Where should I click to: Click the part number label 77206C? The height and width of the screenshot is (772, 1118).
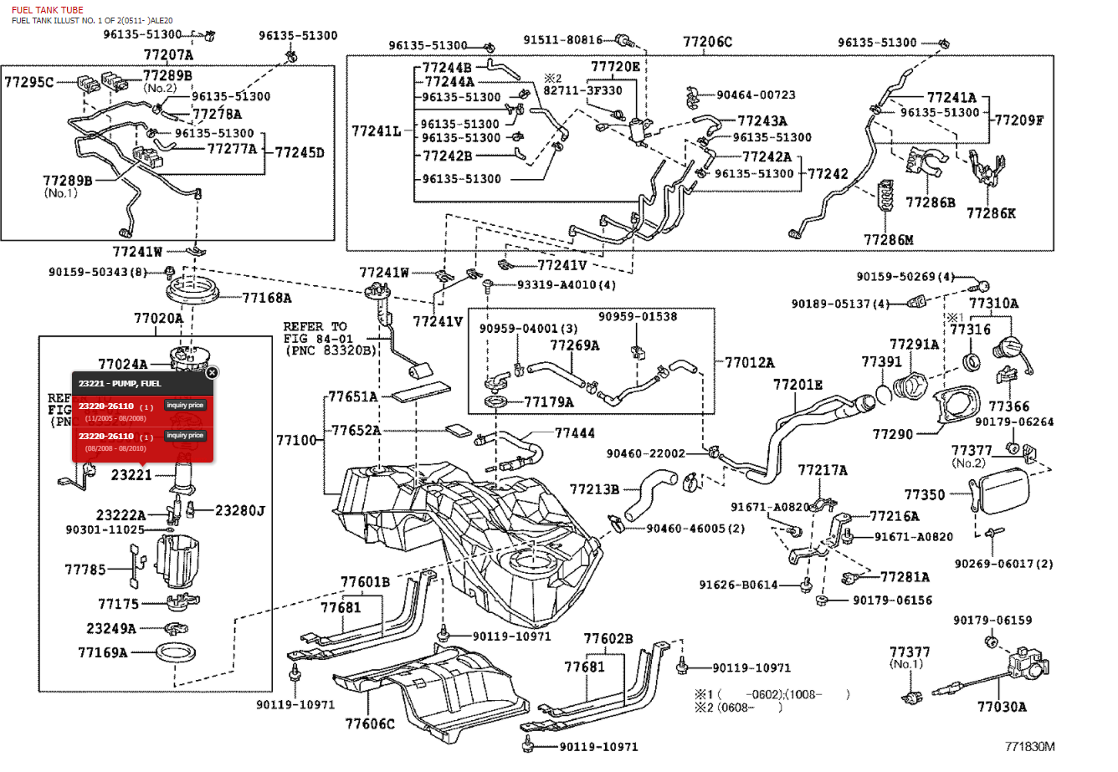[x=707, y=41]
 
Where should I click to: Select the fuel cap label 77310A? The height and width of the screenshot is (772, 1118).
[x=993, y=304]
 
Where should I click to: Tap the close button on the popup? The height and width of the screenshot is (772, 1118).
[x=212, y=372]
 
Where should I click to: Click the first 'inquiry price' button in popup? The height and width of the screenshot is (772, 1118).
[x=185, y=406]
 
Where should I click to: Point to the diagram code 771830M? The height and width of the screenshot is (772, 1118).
[x=1030, y=746]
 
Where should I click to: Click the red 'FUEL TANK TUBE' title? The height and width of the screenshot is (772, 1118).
[x=47, y=10]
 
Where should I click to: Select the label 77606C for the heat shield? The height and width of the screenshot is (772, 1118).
[x=369, y=723]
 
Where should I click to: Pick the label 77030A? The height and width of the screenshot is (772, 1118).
[x=1002, y=707]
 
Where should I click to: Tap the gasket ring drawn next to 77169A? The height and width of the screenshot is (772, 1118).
[x=178, y=653]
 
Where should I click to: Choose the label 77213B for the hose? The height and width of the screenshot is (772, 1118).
[x=594, y=489]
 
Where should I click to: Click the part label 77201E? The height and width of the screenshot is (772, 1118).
[x=797, y=385]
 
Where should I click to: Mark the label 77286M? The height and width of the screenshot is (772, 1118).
[x=888, y=240]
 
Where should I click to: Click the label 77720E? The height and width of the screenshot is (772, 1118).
[x=615, y=66]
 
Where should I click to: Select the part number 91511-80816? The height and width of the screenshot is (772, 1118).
[x=563, y=39]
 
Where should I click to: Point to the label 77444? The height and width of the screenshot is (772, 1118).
[x=575, y=433]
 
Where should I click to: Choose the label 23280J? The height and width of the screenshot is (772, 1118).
[x=239, y=510]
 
